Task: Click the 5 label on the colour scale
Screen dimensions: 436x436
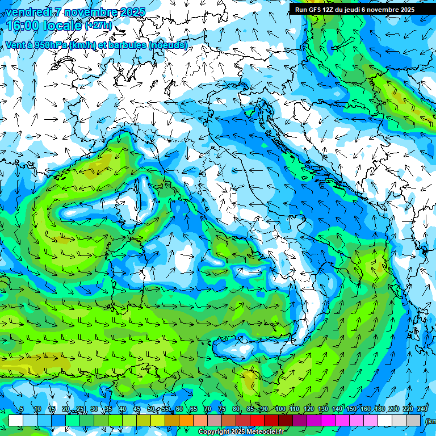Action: click(x=22, y=409)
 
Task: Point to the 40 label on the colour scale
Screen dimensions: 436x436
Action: click(x=123, y=409)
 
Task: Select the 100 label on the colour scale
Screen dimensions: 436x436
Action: click(x=280, y=409)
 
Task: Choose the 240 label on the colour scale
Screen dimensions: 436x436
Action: click(x=422, y=409)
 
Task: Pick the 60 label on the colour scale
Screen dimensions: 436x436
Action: click(x=179, y=409)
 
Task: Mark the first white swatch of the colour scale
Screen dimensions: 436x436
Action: click(x=16, y=420)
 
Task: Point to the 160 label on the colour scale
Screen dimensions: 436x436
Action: click(x=366, y=409)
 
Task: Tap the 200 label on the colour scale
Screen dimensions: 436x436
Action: click(x=394, y=409)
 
